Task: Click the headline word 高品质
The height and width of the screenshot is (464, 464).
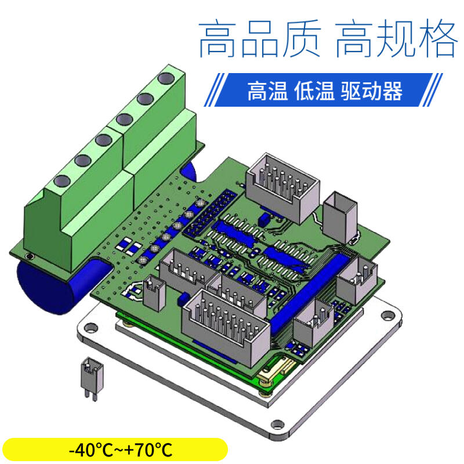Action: (260, 39)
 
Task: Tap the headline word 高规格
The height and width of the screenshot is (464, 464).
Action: (396, 39)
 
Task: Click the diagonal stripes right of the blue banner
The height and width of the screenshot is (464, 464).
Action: (432, 90)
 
